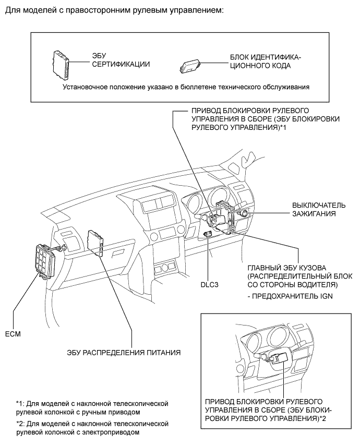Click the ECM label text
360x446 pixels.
point(13,334)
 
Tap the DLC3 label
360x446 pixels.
point(209,284)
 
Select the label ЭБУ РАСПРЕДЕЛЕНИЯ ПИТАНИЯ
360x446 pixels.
point(124,353)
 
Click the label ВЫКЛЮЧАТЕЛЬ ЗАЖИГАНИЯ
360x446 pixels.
point(319,209)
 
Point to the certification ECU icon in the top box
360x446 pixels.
point(61,65)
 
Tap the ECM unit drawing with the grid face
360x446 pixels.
point(46,261)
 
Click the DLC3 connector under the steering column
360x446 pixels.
point(208,234)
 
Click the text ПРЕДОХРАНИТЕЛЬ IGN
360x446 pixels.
point(290,296)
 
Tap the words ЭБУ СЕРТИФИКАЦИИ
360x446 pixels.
point(121,60)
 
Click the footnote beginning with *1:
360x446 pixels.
point(92,407)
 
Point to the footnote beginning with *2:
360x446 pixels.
point(92,428)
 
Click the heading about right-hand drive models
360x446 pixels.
point(114,11)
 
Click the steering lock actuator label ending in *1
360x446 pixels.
point(266,118)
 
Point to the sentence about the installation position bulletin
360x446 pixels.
point(186,87)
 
